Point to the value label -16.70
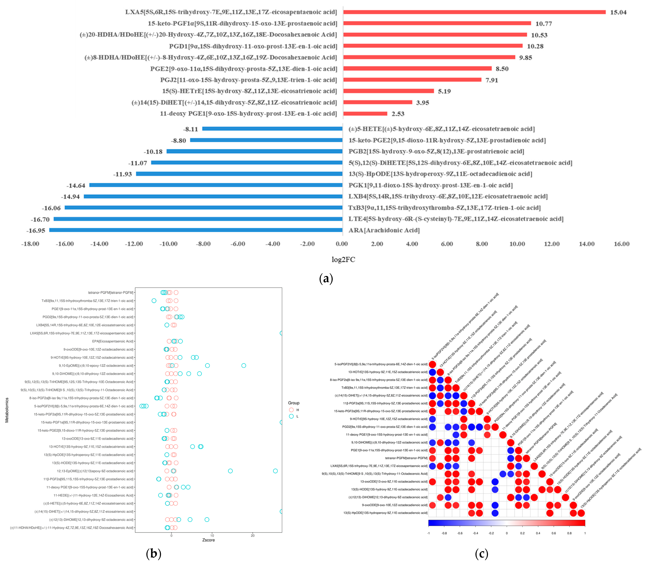(x=40, y=219)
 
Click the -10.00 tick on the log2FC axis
(x=168, y=244)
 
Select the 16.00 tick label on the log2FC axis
(x=621, y=244)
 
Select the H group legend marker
(x=291, y=410)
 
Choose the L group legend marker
(x=291, y=416)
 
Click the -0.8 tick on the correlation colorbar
(x=444, y=533)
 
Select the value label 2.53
(x=398, y=114)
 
